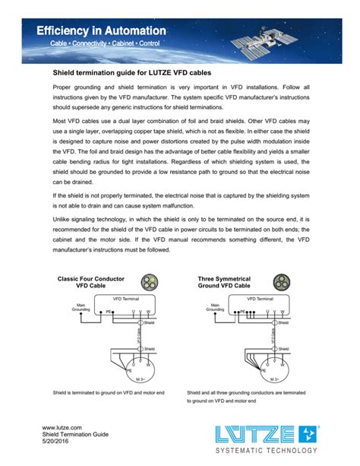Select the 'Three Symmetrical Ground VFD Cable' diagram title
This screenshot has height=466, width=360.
[x=223, y=283]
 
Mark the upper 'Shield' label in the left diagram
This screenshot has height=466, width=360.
[x=149, y=322]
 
